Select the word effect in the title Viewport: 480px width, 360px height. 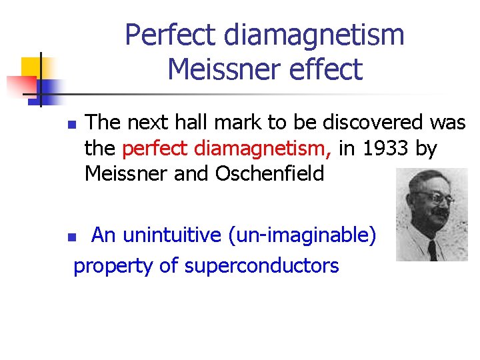click(325, 69)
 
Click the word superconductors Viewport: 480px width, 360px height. click(261, 265)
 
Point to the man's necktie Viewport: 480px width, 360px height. click(433, 250)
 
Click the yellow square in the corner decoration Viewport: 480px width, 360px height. click(31, 67)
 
